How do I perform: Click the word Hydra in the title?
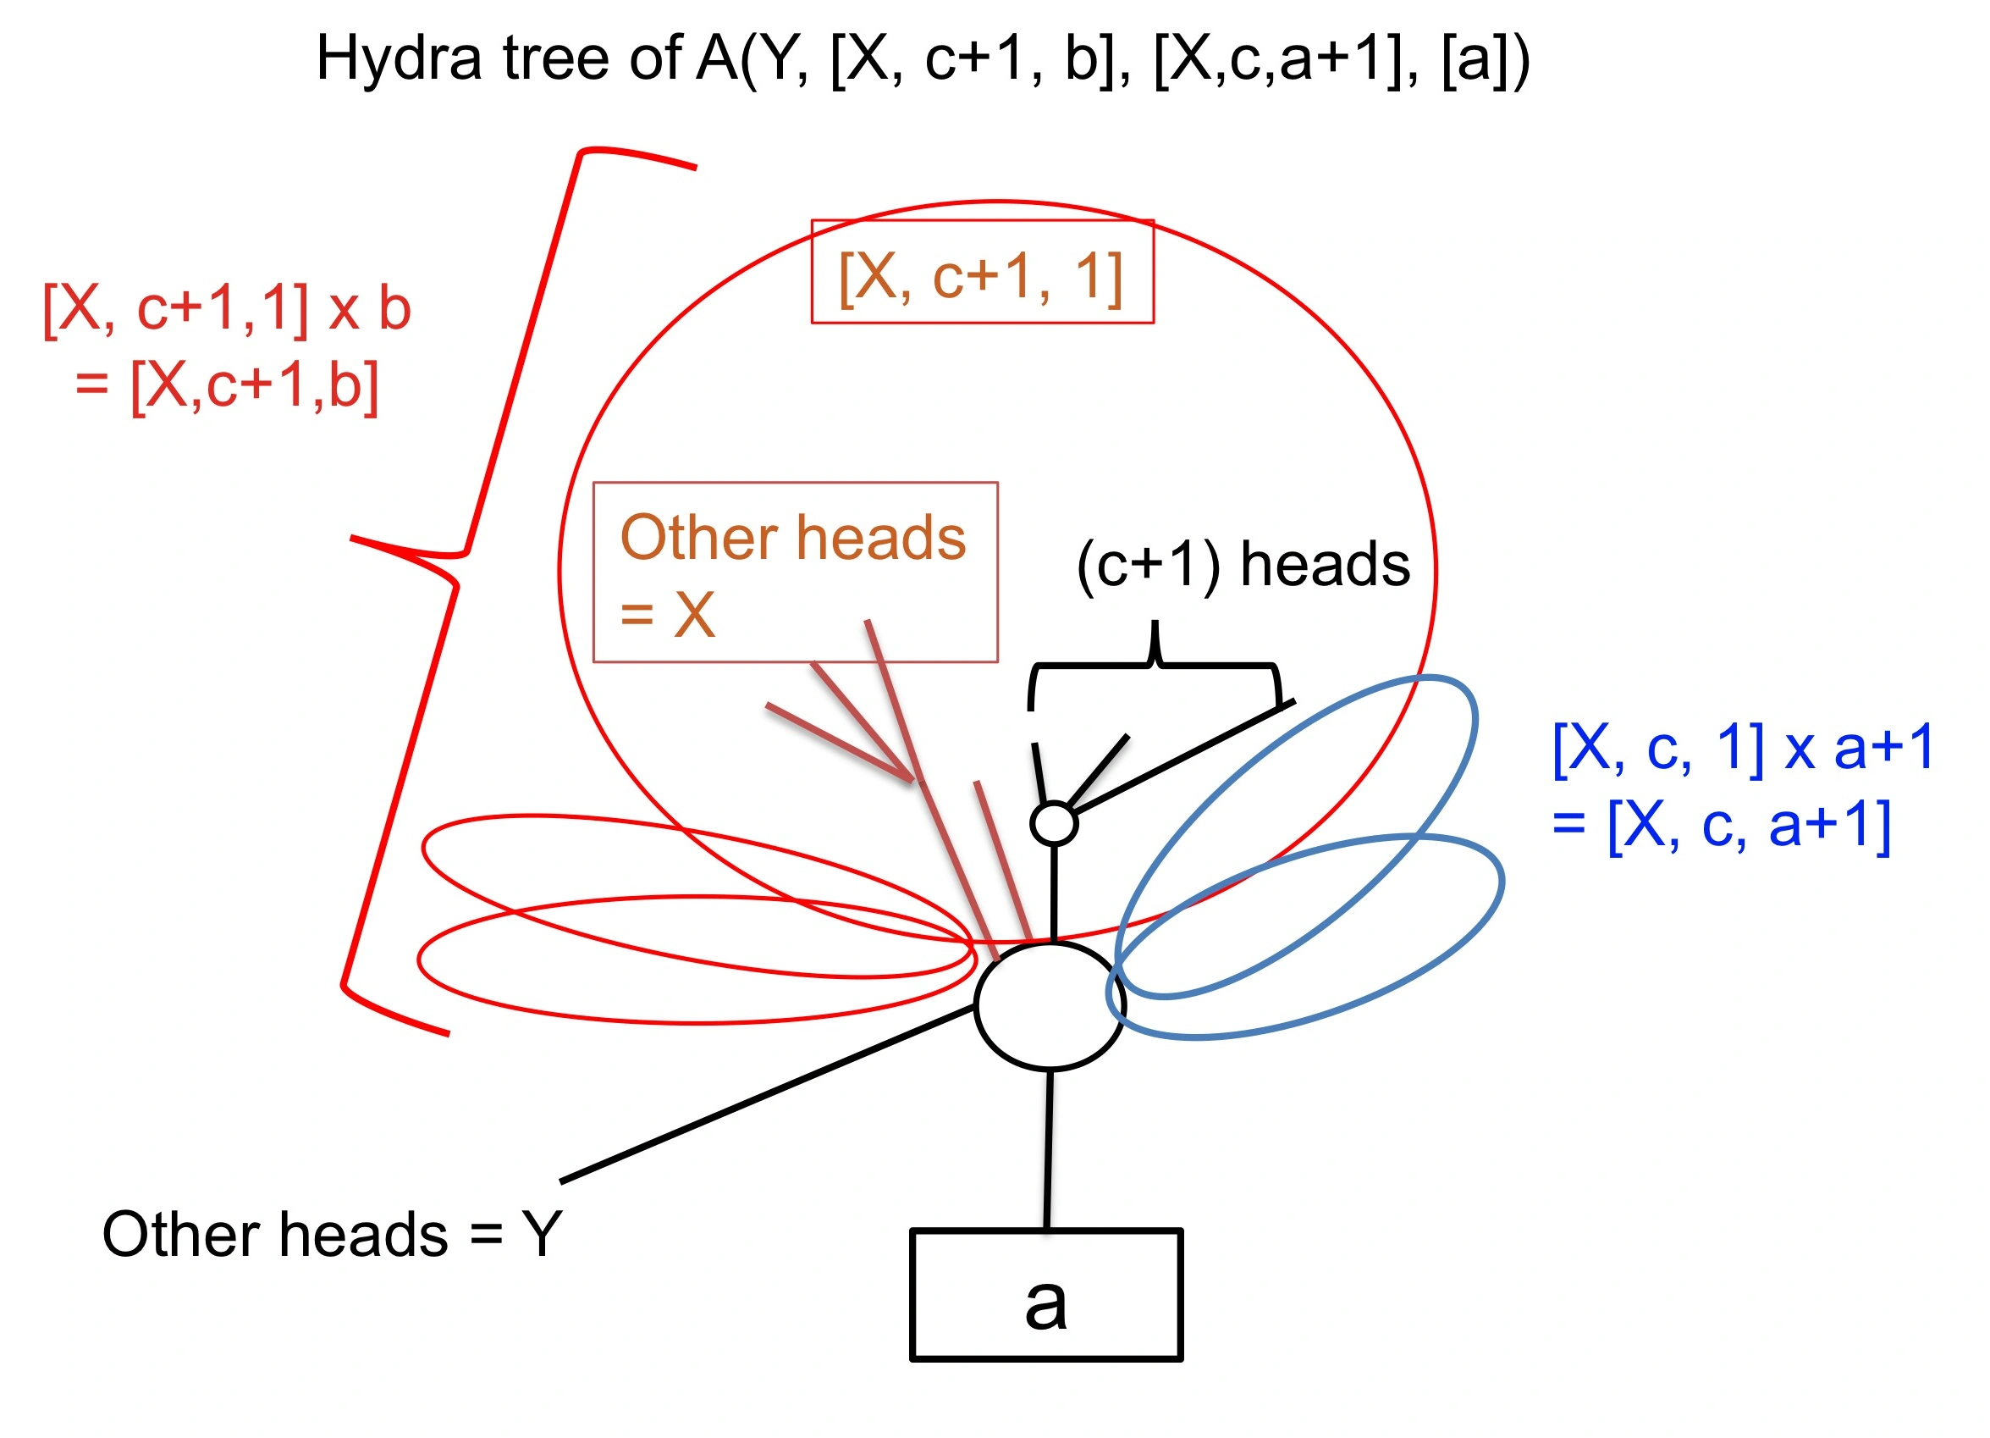[x=399, y=59]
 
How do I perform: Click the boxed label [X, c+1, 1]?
[x=982, y=271]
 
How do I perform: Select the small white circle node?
[x=1054, y=823]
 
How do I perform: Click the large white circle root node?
[x=1050, y=1006]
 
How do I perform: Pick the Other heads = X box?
[x=795, y=572]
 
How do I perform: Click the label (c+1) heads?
[x=1243, y=565]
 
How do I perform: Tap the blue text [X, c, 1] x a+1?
[x=1743, y=748]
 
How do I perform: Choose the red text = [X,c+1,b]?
[x=227, y=386]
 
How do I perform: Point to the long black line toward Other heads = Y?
[x=768, y=1095]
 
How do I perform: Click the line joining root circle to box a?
[x=1049, y=1149]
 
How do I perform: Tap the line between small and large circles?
[x=1053, y=893]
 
